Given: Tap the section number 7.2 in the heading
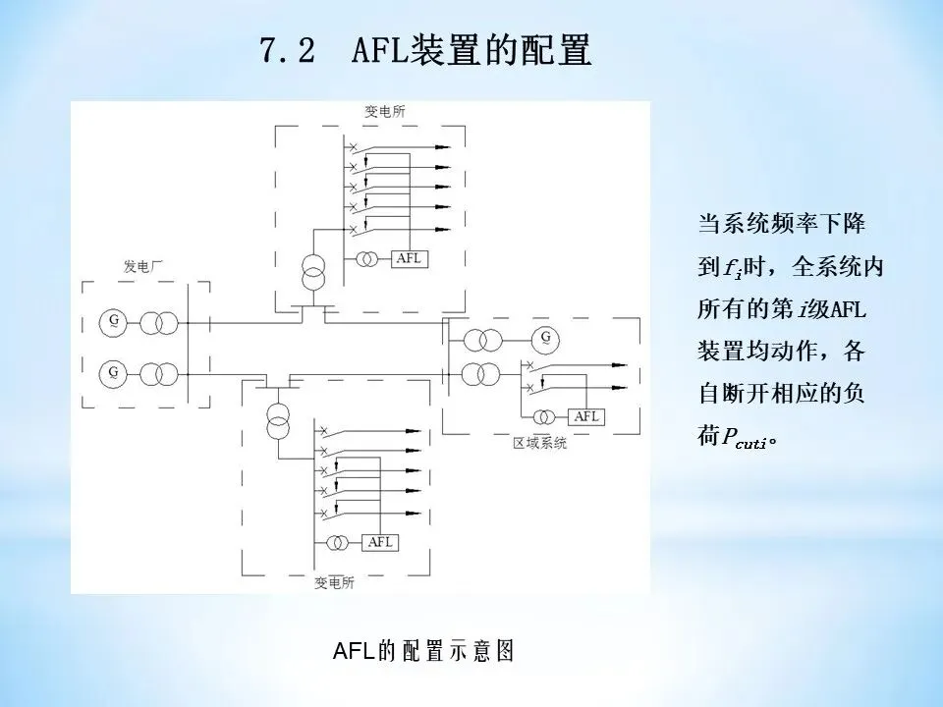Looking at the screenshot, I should (x=288, y=50).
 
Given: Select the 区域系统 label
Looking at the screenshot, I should (x=540, y=443).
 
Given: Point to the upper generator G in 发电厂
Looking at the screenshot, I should (x=114, y=321).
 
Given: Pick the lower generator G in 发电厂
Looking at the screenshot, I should (x=114, y=372).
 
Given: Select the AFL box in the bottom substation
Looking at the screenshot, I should (x=380, y=542).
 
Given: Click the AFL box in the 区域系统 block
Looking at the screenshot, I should (x=586, y=415).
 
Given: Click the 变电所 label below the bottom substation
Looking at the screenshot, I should (x=335, y=581).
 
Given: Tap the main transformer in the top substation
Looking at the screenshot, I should (x=314, y=272).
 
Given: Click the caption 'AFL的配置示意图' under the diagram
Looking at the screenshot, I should (x=423, y=651).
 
